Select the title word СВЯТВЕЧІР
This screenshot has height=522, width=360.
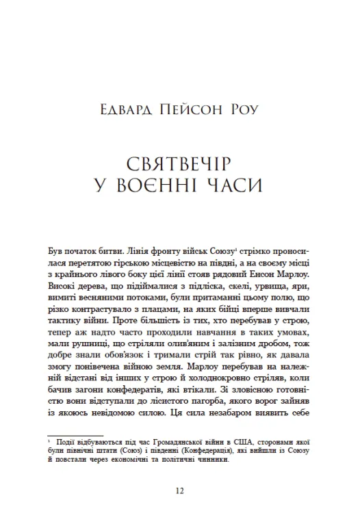179,164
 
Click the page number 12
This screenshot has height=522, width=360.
179,491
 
